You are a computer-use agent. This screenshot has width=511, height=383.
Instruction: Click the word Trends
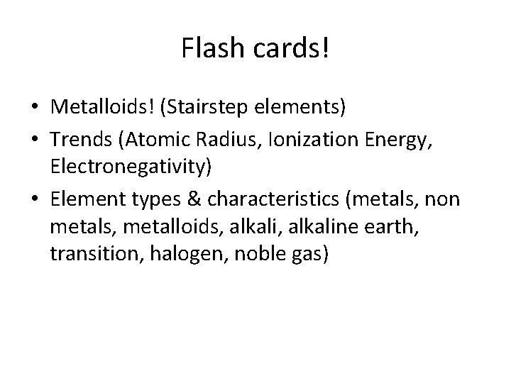click(79, 139)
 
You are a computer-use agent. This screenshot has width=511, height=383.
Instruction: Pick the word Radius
click(218, 139)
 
